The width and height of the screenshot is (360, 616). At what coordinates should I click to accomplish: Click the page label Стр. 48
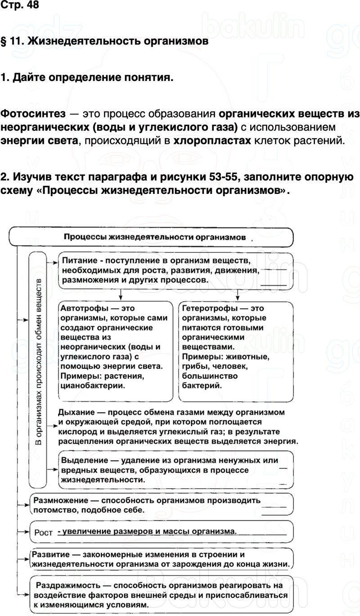tap(20, 5)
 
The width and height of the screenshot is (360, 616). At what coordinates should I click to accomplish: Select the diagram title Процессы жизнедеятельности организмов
tap(155, 237)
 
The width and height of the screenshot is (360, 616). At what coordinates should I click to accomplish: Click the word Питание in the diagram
tap(77, 261)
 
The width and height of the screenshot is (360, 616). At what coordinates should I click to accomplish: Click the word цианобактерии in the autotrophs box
tap(93, 386)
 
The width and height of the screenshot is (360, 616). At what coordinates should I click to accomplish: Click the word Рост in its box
tap(44, 532)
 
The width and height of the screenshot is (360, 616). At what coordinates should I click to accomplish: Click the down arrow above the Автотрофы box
tap(120, 294)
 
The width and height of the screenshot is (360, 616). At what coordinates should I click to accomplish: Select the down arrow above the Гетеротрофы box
tap(237, 294)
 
